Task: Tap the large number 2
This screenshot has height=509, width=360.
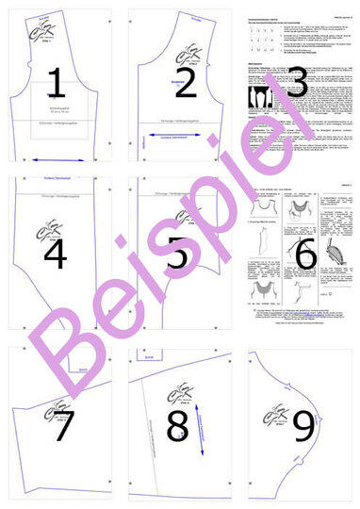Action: point(185,83)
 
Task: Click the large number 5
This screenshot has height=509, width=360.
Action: point(179,253)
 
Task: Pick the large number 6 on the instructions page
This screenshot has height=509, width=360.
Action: point(305,253)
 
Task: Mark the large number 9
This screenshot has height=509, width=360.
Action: point(303,426)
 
